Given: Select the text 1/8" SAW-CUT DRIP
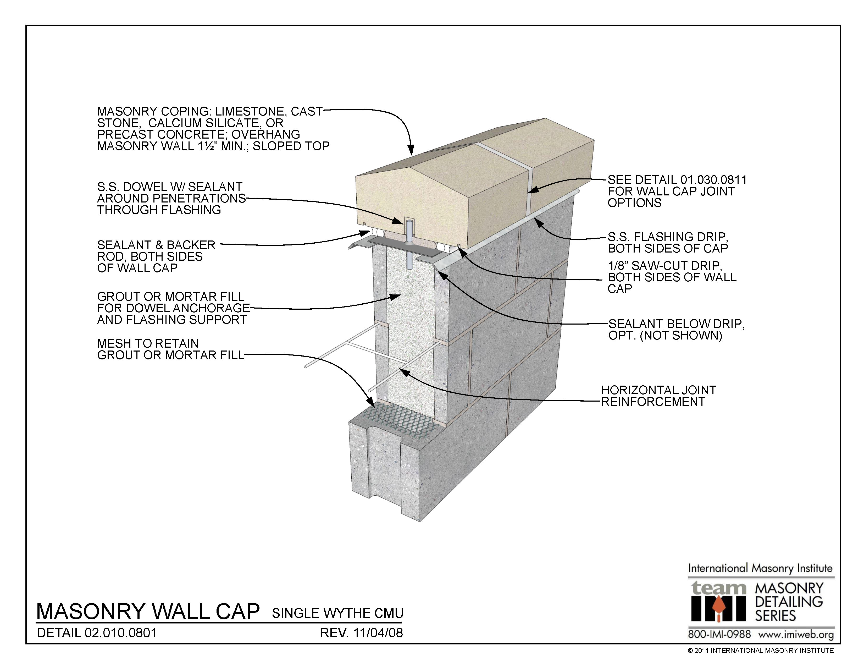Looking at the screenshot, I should (x=664, y=266).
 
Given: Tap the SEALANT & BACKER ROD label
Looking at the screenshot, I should (x=156, y=256).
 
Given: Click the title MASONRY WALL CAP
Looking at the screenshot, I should (x=148, y=611).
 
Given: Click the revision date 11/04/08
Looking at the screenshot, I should (x=378, y=633).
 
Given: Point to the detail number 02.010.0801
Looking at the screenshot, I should (x=121, y=633).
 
